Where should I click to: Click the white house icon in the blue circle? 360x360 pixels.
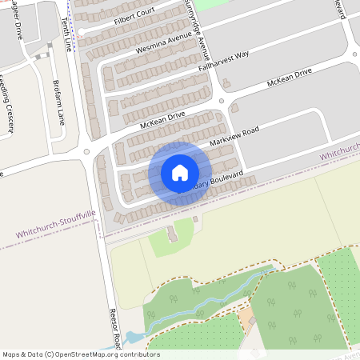click(x=179, y=172)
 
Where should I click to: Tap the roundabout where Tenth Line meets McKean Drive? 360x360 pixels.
click(x=86, y=150)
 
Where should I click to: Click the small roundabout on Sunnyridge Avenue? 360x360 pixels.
click(x=221, y=102)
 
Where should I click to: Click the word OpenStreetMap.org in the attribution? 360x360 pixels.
click(x=90, y=354)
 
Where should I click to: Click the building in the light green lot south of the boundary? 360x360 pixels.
click(x=172, y=234)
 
